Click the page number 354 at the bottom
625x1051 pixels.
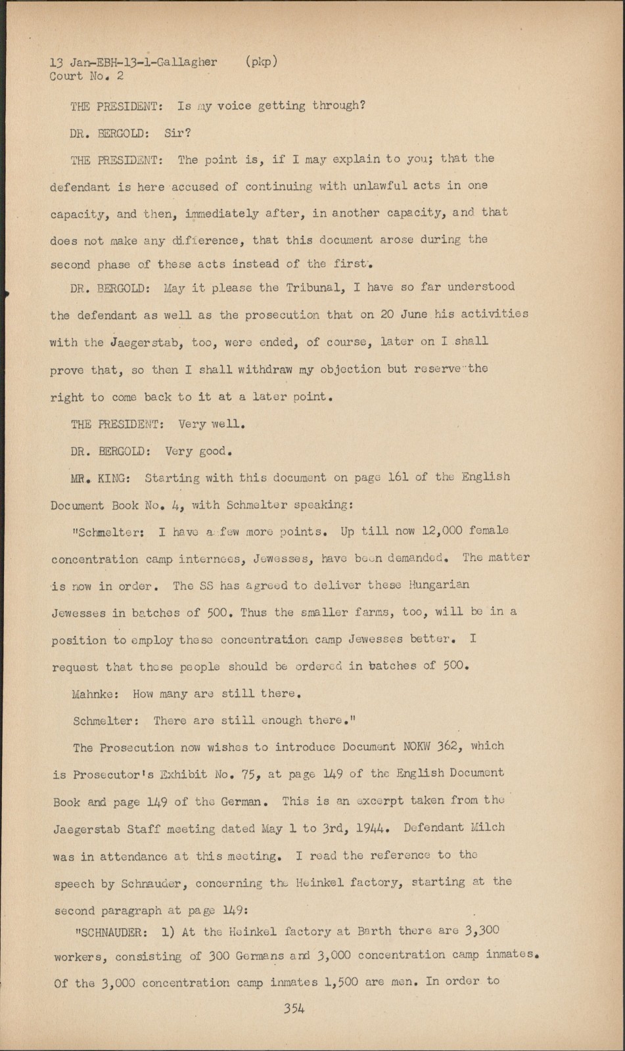294,1008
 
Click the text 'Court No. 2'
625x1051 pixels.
86,76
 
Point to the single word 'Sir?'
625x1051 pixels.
177,133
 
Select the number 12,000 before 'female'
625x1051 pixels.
443,530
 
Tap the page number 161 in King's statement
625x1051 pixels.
398,477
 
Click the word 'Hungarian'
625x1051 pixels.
439,585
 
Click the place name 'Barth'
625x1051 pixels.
375,931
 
